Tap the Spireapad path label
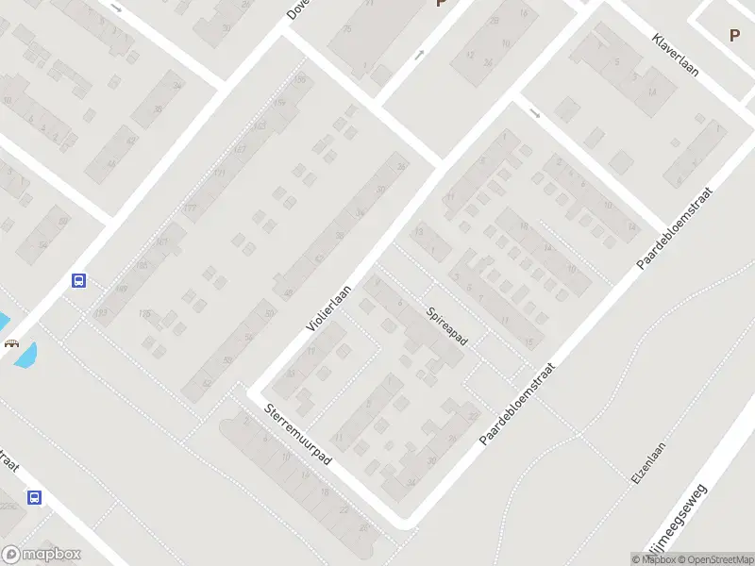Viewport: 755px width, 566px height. point(446,325)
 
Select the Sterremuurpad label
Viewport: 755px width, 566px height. point(298,434)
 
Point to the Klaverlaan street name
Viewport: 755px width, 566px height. point(675,56)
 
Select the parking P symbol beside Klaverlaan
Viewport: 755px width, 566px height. point(734,35)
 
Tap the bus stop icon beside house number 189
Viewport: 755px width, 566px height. point(79,280)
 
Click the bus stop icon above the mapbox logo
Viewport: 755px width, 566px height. point(34,497)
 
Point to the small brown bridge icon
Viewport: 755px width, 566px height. point(11,344)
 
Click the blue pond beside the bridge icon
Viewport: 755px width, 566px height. point(25,356)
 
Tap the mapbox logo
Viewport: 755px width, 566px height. point(42,555)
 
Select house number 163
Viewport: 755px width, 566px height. point(260,126)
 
